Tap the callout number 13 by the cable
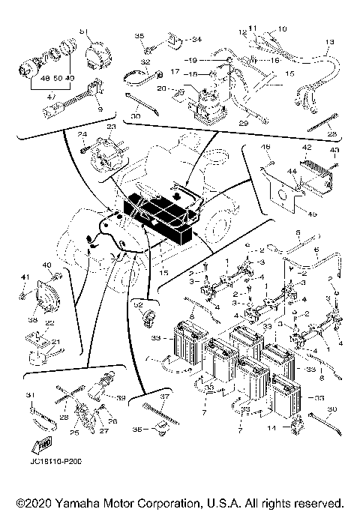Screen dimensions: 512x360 coord(329,41)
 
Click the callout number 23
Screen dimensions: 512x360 coord(111,128)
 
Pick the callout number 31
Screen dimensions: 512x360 coord(31,396)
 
